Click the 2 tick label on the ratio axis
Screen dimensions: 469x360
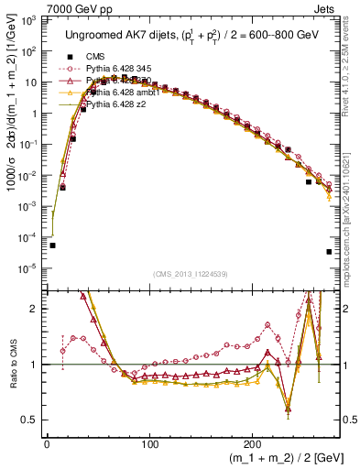pos(37,309)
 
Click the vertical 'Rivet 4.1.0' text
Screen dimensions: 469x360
pos(351,55)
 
